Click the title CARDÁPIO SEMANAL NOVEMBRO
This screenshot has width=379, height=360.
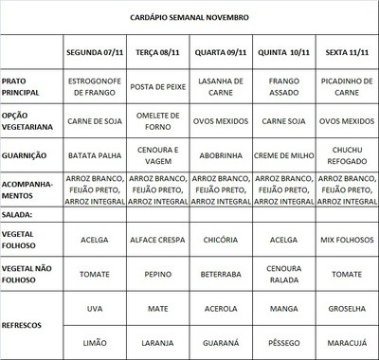pos(189,17)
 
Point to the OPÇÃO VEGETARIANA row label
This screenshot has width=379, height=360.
pos(29,120)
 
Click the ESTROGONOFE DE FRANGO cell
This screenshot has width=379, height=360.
pos(94,87)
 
